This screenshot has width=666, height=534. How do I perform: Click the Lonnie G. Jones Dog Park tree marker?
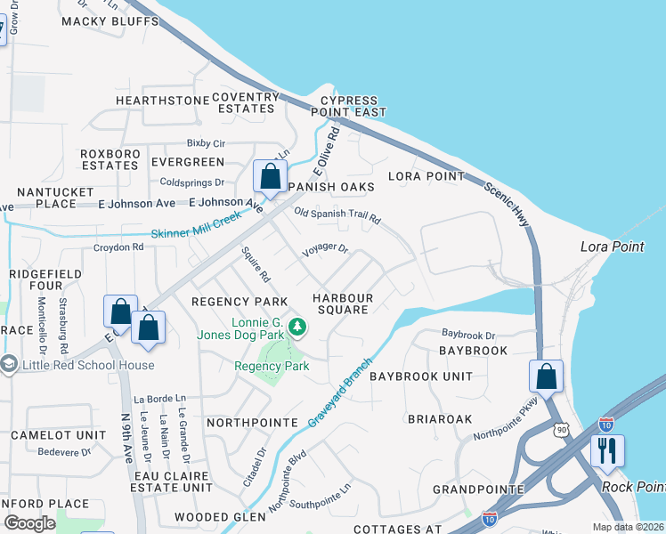coord(297,329)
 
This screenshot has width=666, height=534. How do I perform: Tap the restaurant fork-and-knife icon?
coord(607,452)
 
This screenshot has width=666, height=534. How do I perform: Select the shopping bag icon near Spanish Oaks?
coord(270,176)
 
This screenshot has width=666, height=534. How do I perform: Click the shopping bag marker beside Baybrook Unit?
coord(546,376)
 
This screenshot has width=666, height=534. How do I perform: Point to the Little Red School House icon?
coord(9,364)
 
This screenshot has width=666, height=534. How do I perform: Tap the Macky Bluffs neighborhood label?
coord(102,21)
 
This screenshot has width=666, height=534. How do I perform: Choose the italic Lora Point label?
coord(612,247)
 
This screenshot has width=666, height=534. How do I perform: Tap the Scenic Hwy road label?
coord(507,204)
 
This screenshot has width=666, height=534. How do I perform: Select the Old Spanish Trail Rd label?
coord(337,215)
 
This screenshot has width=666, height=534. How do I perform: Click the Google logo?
coord(29,523)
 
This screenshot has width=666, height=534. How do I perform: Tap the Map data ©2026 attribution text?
coord(629,527)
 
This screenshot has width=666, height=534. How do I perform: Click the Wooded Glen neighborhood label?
coord(219,516)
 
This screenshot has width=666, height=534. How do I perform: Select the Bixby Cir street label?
coord(206,142)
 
